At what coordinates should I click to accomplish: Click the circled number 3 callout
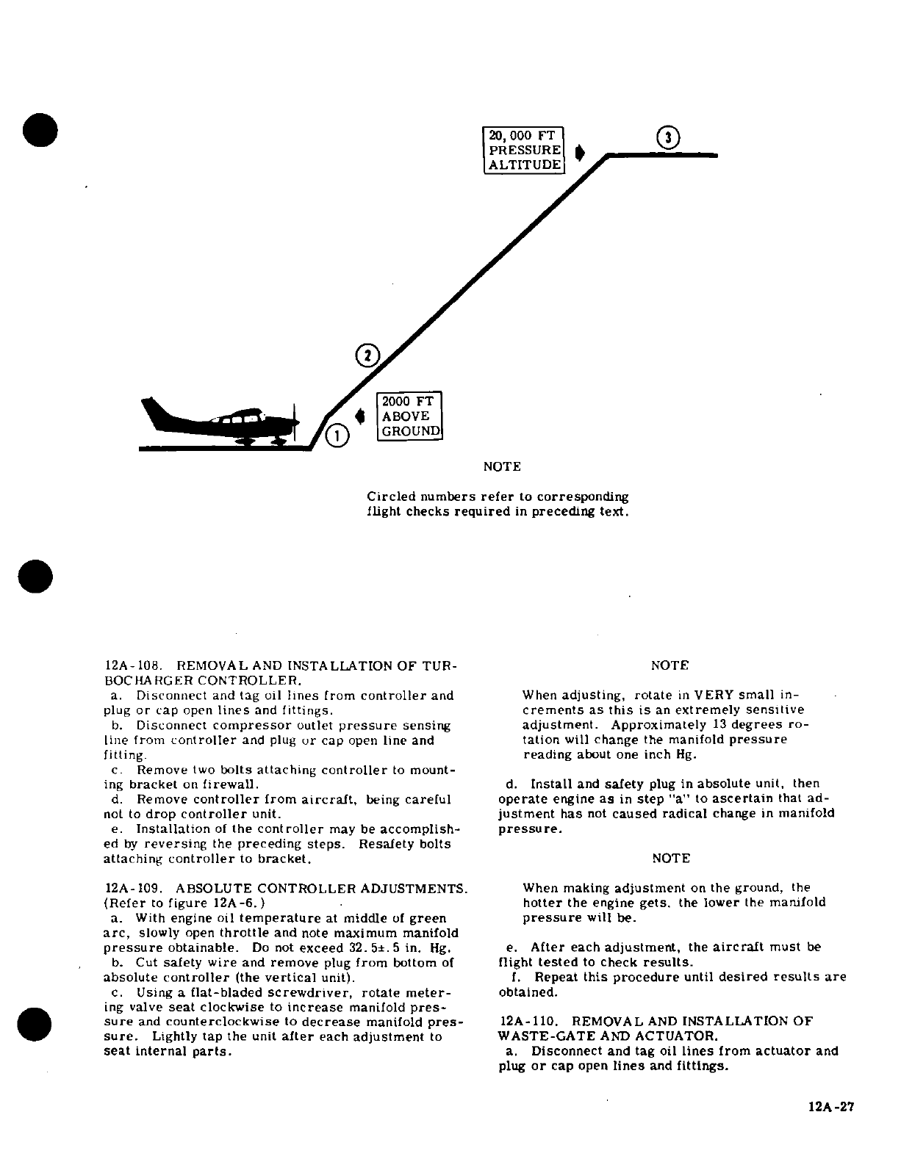click(x=667, y=137)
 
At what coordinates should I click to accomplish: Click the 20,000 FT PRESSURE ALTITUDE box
click(x=524, y=150)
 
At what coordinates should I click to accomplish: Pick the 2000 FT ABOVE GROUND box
click(x=409, y=416)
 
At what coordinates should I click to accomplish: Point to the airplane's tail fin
click(x=156, y=412)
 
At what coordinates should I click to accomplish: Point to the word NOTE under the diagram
click(x=503, y=466)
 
